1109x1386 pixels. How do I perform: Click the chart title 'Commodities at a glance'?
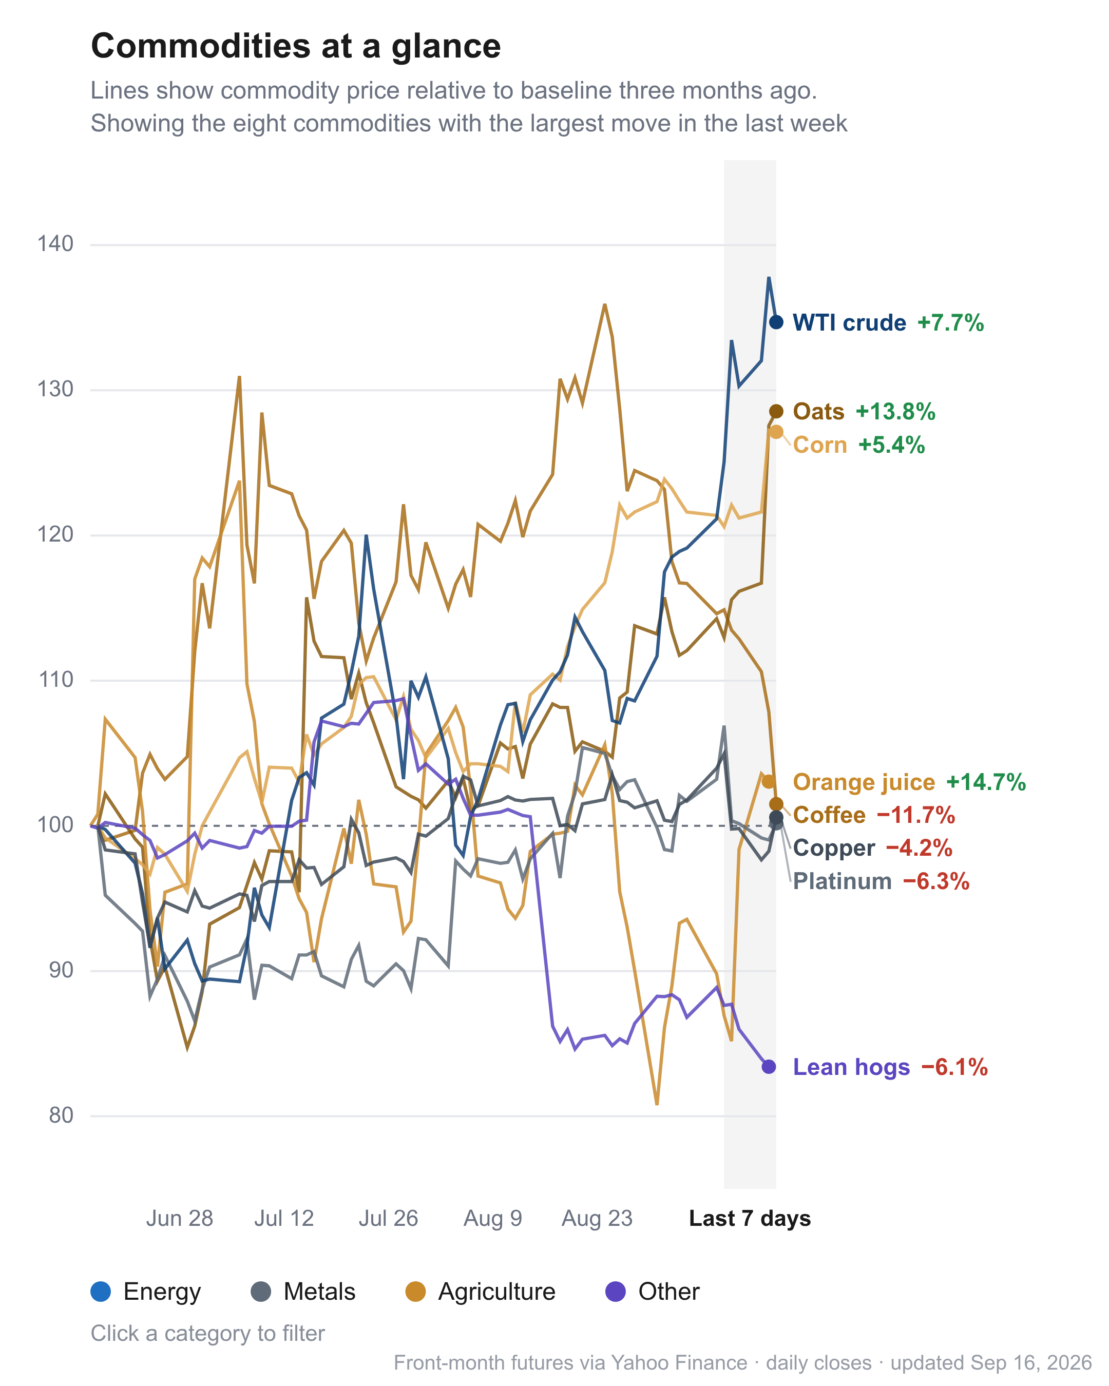[296, 46]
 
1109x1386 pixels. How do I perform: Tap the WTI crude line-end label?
[849, 323]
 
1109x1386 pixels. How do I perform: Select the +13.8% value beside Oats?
[895, 411]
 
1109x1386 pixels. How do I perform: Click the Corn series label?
[820, 445]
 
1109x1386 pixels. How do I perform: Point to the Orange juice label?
[864, 782]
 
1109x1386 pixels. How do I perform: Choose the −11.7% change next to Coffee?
[915, 815]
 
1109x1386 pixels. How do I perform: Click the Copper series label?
[834, 848]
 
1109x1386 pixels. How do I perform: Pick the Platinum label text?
[842, 881]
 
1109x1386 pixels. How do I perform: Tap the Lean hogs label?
[851, 1067]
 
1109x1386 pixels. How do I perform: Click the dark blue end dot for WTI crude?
[776, 322]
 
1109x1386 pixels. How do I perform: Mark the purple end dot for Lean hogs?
[768, 1067]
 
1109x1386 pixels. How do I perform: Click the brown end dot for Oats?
[776, 411]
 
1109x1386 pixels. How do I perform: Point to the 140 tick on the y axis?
[55, 244]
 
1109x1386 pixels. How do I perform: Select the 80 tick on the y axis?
[61, 1115]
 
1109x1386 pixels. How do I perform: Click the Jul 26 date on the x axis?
[388, 1219]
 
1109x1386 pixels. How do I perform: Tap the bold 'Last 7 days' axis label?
[750, 1219]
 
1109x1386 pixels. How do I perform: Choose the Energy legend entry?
[146, 1292]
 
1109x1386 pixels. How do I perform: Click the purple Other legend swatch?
[615, 1292]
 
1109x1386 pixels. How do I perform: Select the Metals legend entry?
[303, 1292]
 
